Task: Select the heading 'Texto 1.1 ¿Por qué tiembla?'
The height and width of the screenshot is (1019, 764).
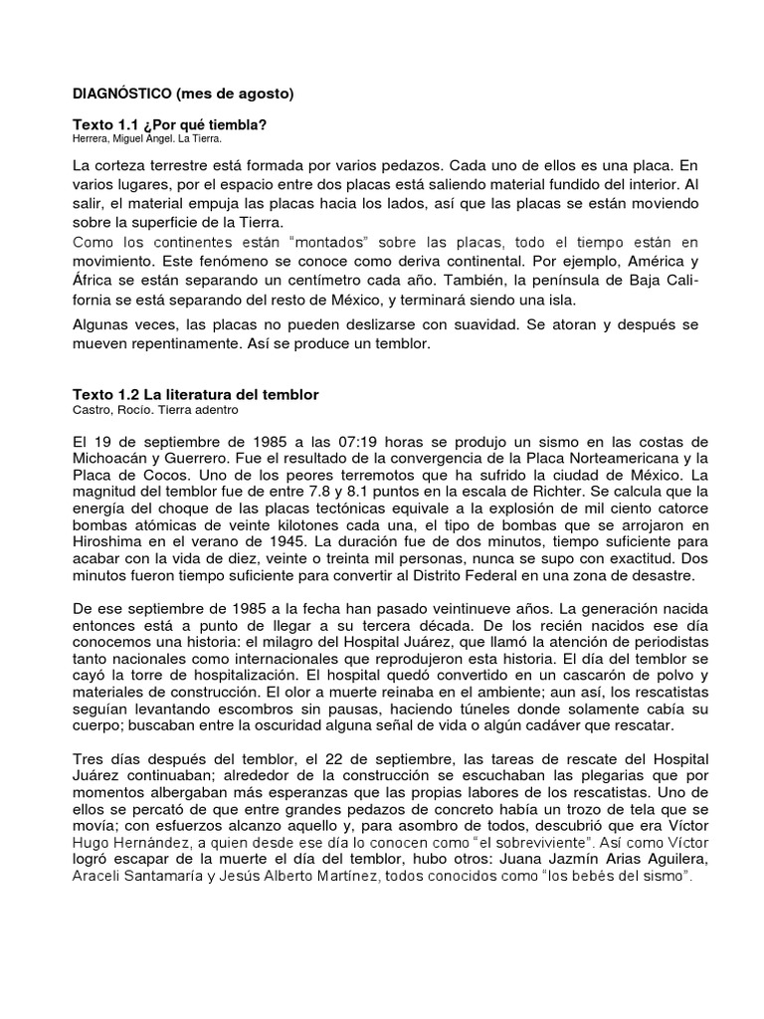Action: (x=170, y=124)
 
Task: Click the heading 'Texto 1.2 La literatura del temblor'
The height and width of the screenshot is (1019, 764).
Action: (x=196, y=395)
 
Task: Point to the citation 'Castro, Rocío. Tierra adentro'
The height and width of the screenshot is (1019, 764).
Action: (x=156, y=409)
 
